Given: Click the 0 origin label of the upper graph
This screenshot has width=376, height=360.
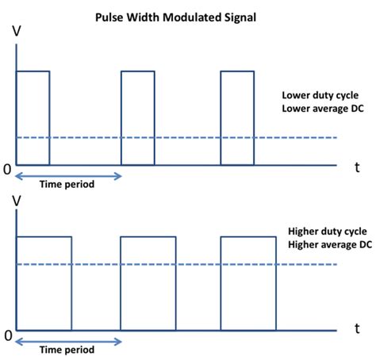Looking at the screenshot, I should (7, 169).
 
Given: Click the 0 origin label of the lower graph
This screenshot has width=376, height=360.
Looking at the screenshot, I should (7, 335).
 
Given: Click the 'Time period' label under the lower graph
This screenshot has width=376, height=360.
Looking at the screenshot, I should (67, 350).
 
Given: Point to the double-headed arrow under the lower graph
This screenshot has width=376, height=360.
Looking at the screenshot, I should (68, 342).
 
